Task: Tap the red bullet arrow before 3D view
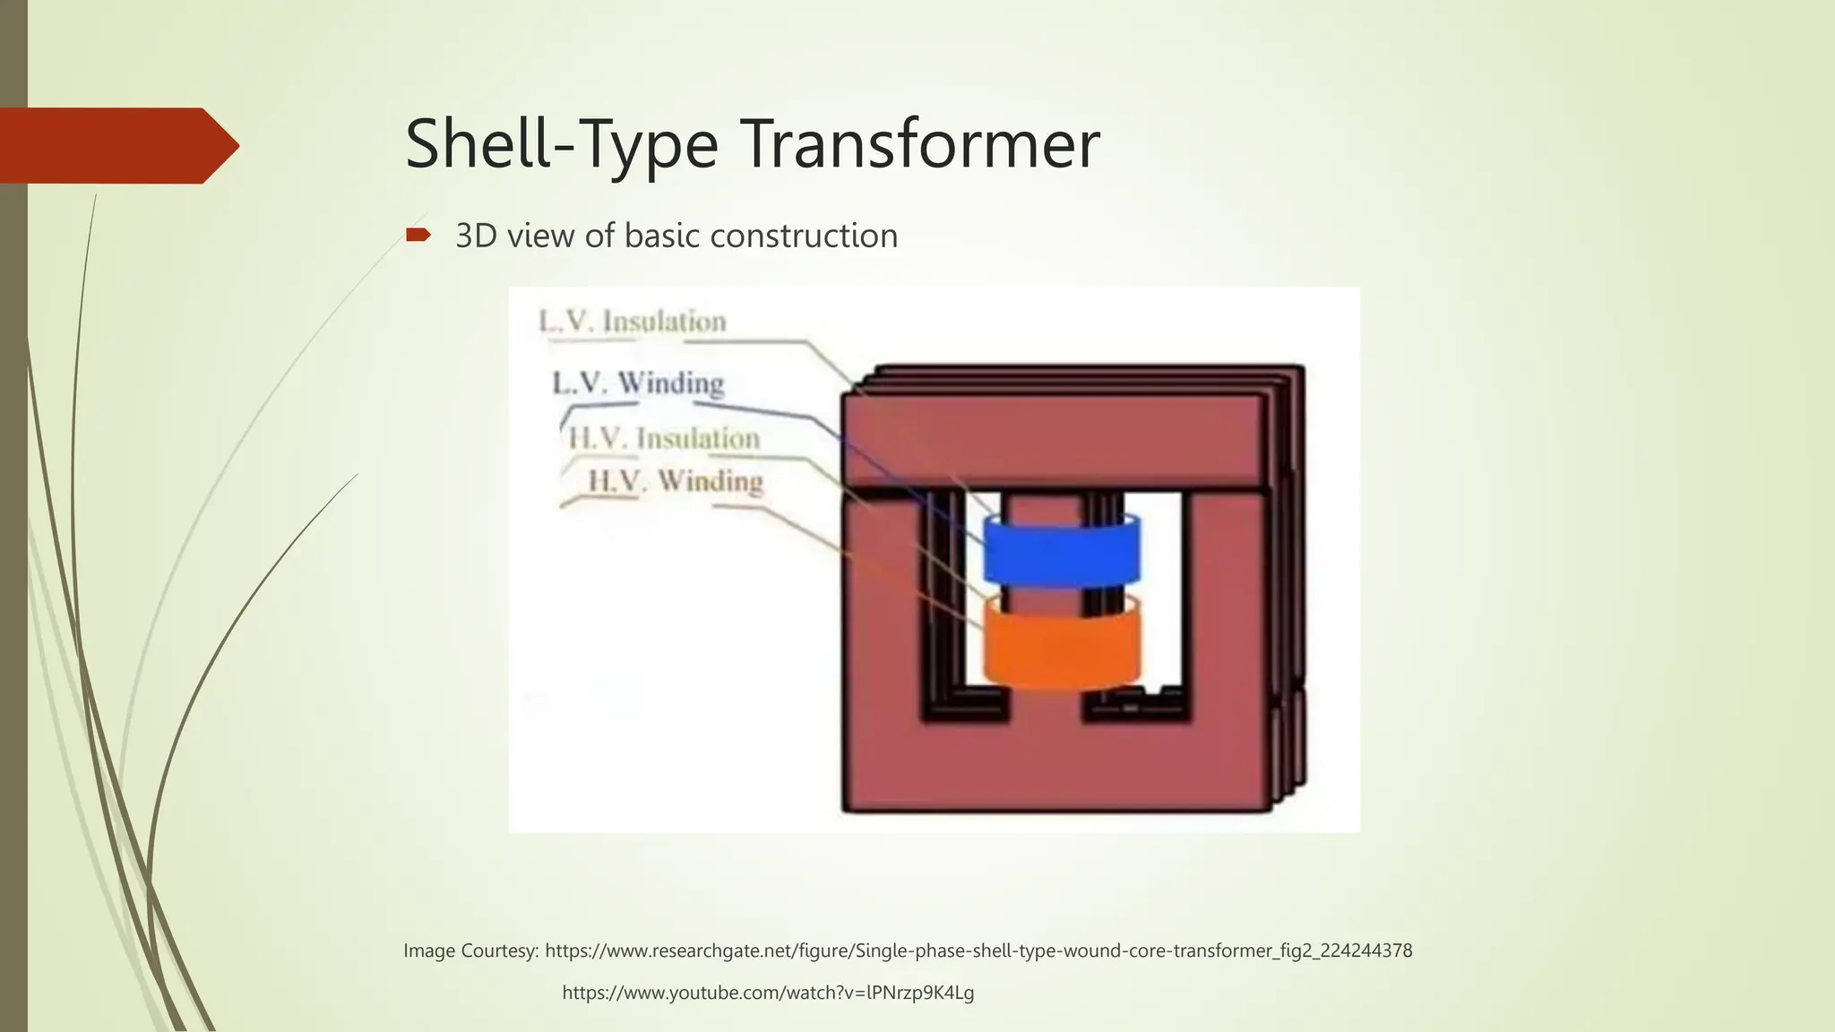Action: [418, 236]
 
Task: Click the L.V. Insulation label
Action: [633, 322]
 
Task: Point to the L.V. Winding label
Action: [638, 383]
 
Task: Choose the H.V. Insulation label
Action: [664, 438]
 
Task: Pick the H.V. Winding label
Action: [675, 481]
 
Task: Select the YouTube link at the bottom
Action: [768, 993]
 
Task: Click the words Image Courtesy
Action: [470, 950]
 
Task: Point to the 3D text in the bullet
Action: [477, 236]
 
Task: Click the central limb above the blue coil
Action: [1044, 506]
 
